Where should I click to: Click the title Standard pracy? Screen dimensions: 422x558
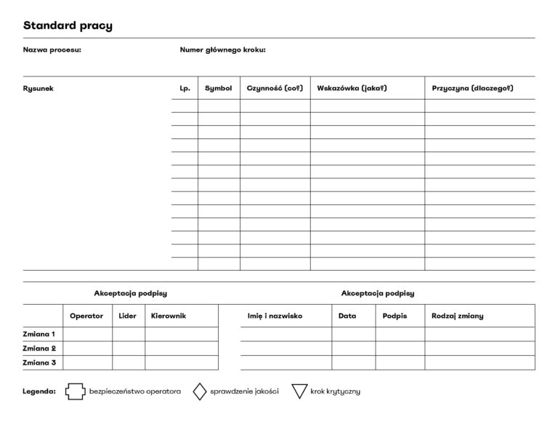tap(68, 26)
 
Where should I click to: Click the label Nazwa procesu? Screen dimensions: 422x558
tap(52, 50)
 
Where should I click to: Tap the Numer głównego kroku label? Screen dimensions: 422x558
tap(222, 50)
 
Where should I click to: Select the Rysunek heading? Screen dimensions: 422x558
tap(39, 89)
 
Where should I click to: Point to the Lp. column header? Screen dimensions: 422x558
tap(185, 89)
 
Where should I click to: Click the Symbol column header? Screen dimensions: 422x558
tap(218, 89)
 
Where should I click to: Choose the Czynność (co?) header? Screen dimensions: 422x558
tap(274, 89)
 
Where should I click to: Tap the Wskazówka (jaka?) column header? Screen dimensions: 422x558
tap(352, 89)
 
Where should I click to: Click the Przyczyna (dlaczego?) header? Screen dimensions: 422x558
tap(472, 89)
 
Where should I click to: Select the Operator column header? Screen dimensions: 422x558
tap(86, 316)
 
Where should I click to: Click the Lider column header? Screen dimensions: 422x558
tap(127, 316)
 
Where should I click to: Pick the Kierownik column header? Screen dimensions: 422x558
tap(169, 316)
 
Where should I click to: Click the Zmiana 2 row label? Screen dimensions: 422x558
tap(39, 349)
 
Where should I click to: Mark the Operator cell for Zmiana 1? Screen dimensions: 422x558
tap(87, 335)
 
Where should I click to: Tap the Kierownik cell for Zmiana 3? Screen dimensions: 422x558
tap(181, 362)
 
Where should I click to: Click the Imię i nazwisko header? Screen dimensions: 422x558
tap(275, 316)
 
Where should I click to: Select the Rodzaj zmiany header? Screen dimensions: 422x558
tap(457, 316)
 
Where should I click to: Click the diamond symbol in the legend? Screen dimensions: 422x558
tap(200, 391)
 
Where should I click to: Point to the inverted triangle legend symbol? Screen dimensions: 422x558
tap(299, 391)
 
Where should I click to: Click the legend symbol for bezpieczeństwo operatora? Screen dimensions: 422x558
tap(74, 391)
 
